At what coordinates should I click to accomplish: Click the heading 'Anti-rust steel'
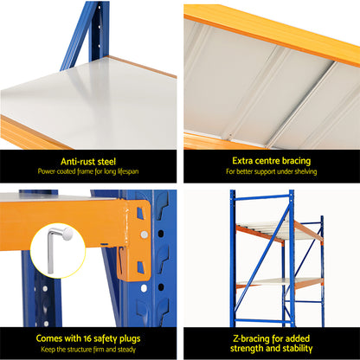[x=90, y=159]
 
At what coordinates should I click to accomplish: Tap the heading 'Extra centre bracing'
[x=270, y=159]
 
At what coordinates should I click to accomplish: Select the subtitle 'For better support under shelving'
[x=270, y=171]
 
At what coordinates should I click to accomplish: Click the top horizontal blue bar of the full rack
[x=262, y=196]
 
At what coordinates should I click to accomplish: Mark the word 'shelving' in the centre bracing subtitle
[x=299, y=171]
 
